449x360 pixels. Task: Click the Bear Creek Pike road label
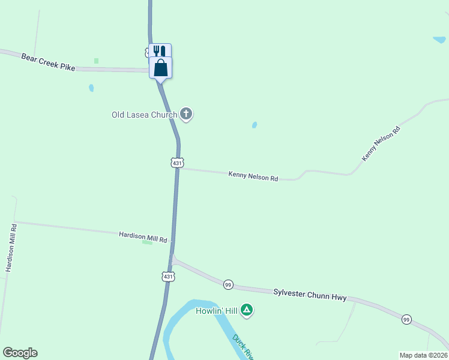(x=48, y=62)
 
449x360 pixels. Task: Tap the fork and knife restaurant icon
(x=159, y=50)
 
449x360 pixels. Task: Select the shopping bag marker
(x=161, y=67)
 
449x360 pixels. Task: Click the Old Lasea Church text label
(x=144, y=115)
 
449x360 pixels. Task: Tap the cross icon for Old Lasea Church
(x=186, y=113)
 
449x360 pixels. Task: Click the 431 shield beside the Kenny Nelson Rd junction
(x=176, y=163)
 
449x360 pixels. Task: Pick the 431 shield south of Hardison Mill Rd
(x=168, y=276)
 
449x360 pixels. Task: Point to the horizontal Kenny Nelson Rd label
(x=253, y=177)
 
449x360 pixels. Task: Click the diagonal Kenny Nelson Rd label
(x=381, y=143)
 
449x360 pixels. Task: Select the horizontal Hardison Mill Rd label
(x=143, y=238)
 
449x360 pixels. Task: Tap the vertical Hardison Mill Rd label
(x=11, y=247)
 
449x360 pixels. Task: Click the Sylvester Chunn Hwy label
(x=310, y=294)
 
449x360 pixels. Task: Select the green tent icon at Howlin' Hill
(x=247, y=310)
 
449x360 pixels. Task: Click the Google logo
(x=20, y=353)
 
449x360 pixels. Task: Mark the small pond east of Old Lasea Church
(x=255, y=125)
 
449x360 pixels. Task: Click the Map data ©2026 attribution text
(x=423, y=355)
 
